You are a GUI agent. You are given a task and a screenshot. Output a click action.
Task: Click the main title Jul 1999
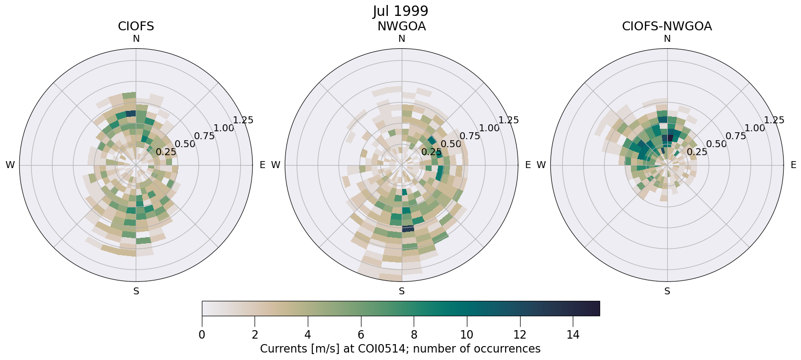tap(400, 11)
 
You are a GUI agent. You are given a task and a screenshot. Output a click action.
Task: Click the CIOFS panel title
tap(136, 26)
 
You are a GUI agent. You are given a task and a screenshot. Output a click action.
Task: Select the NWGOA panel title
tap(401, 26)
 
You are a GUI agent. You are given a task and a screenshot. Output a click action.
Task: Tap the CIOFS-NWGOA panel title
tap(667, 26)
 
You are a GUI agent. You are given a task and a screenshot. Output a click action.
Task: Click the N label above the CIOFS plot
tap(136, 39)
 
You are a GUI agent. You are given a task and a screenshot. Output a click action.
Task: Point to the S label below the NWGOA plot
tap(402, 291)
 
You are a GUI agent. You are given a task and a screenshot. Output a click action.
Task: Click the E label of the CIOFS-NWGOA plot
tap(793, 165)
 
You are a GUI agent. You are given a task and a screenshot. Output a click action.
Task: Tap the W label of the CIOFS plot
tap(10, 165)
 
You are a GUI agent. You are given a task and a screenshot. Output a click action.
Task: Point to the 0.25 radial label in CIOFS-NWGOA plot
tap(697, 152)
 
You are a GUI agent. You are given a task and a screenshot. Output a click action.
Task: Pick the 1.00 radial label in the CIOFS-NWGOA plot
tap(755, 128)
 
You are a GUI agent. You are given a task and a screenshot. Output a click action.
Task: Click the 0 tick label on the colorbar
tap(202, 335)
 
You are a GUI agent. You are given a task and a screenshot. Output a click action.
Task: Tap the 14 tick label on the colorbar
tap(573, 335)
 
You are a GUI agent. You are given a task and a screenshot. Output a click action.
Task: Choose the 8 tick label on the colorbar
tap(414, 335)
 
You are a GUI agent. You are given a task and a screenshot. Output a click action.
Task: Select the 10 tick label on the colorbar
tap(466, 335)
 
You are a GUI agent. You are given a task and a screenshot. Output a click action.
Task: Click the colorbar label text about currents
tap(400, 349)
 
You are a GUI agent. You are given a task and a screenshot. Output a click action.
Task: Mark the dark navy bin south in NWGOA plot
tap(408, 228)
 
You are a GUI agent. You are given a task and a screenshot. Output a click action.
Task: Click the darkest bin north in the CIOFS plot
tap(131, 113)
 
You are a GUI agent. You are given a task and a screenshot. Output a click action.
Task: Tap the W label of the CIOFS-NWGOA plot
tap(541, 165)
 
